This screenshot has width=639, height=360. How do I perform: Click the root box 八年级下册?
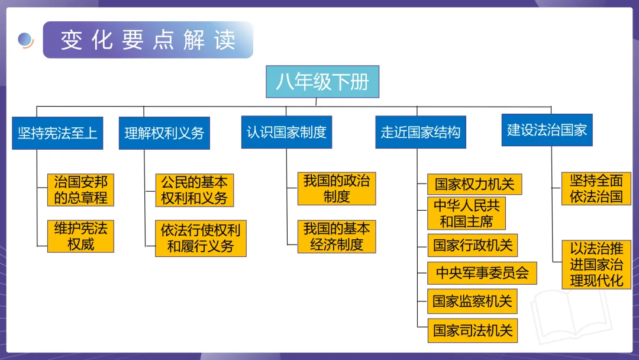322,82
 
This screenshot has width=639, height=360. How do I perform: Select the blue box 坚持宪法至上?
57,133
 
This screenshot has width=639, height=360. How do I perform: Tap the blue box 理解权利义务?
164,133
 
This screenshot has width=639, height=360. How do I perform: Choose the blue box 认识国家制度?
286,131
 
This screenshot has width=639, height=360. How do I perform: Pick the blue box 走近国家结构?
421,131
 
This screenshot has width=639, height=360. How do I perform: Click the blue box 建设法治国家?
547,130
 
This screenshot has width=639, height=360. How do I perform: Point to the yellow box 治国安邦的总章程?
80,189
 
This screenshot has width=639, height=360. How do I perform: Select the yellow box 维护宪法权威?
80,236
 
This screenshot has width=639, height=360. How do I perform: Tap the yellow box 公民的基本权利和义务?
194,189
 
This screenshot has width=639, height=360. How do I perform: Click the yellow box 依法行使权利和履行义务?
201,238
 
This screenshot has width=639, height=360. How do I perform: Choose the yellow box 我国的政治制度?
337,188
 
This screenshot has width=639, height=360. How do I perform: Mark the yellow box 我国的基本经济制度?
337,236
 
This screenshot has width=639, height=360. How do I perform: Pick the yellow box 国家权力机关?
475,184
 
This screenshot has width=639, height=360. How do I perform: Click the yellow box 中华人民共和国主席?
467,213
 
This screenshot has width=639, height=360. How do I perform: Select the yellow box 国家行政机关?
473,245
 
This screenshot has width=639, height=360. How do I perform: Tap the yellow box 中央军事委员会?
482,273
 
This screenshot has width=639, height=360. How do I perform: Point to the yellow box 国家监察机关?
472,301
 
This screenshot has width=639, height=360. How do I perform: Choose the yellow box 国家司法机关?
472,330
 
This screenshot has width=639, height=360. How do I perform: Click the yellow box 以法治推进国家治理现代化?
596,264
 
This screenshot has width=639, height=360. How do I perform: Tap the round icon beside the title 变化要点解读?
25,40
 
